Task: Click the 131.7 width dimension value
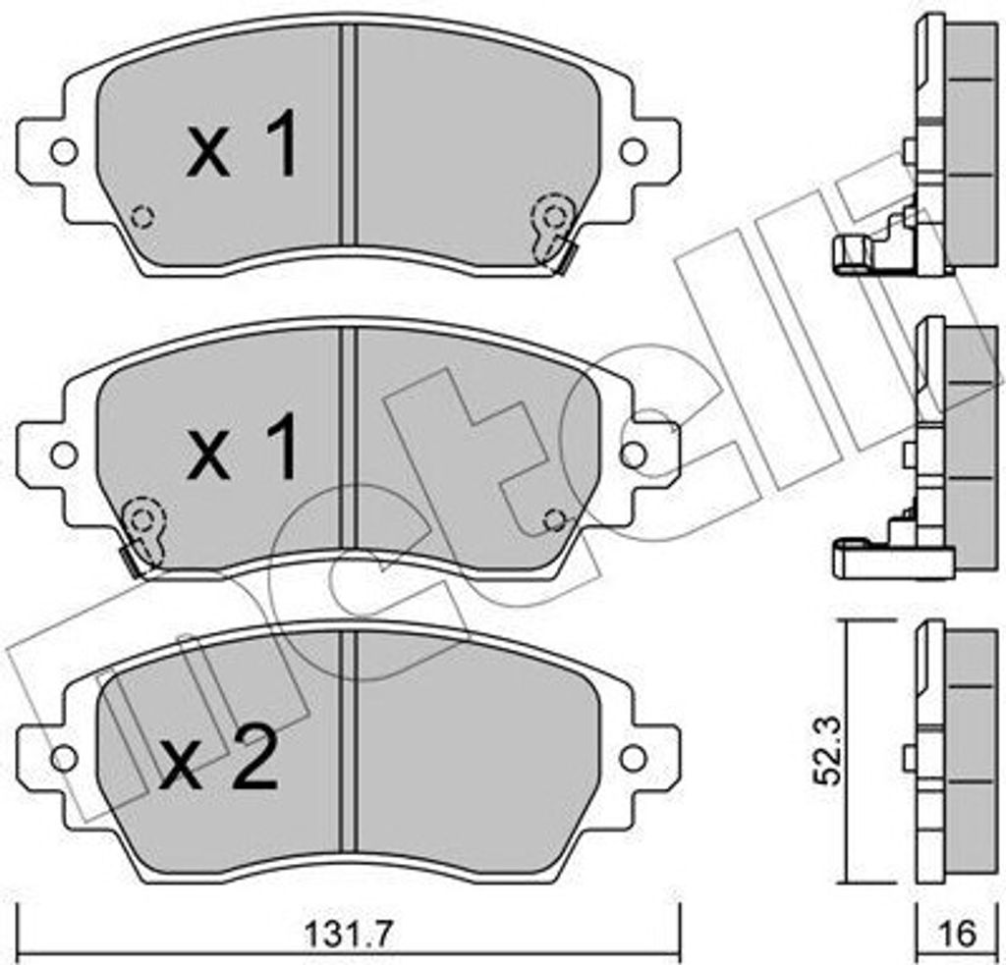click(x=347, y=937)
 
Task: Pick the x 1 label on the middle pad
click(x=242, y=447)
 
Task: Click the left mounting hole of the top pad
click(x=64, y=152)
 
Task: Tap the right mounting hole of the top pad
click(x=633, y=152)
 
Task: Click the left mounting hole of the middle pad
click(x=64, y=456)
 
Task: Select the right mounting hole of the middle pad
click(x=633, y=456)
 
